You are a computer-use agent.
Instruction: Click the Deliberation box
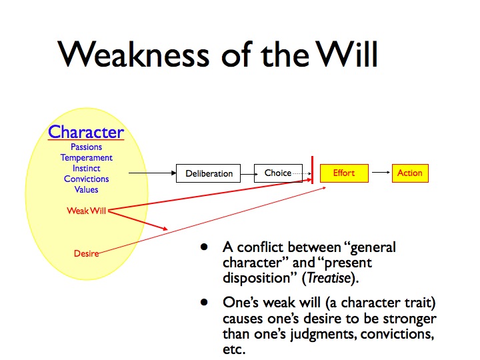click(209, 173)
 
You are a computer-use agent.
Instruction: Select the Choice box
click(278, 173)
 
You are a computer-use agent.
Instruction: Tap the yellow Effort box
click(343, 173)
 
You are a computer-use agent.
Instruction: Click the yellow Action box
click(409, 173)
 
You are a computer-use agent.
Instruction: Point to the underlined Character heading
click(86, 131)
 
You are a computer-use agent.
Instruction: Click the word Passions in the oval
click(86, 147)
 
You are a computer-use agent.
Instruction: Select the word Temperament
click(86, 158)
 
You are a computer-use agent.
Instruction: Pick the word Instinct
click(86, 168)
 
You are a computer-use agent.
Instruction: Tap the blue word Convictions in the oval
click(86, 179)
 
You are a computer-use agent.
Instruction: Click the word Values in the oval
click(86, 189)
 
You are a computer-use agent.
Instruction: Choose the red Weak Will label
click(86, 211)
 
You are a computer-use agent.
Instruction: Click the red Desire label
click(86, 253)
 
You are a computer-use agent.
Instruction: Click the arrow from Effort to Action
click(381, 173)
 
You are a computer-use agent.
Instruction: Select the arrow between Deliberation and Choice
click(247, 173)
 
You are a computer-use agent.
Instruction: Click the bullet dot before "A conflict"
click(204, 248)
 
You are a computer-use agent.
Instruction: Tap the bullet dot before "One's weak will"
click(204, 302)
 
